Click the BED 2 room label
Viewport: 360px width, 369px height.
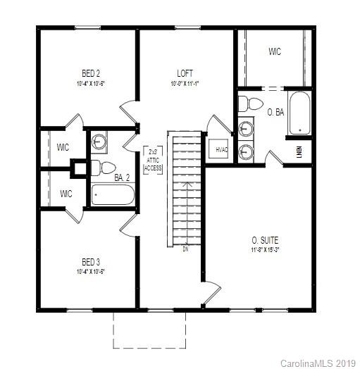point(90,73)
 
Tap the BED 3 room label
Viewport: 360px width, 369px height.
point(90,261)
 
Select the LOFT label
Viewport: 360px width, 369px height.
point(185,73)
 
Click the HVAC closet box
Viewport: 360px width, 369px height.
point(221,149)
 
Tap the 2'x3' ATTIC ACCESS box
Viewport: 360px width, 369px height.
point(153,160)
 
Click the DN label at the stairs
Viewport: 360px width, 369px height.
point(185,249)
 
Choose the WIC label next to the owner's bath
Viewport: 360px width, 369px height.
point(275,51)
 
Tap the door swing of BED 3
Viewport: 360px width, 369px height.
point(129,225)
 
